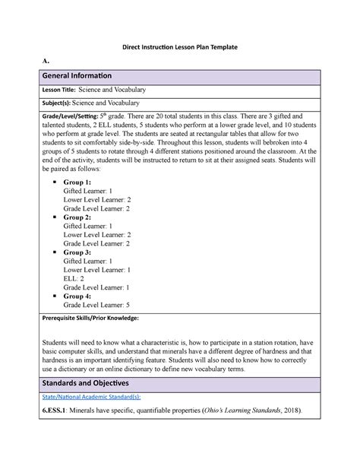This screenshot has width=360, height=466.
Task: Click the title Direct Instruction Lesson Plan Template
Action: [178, 47]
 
